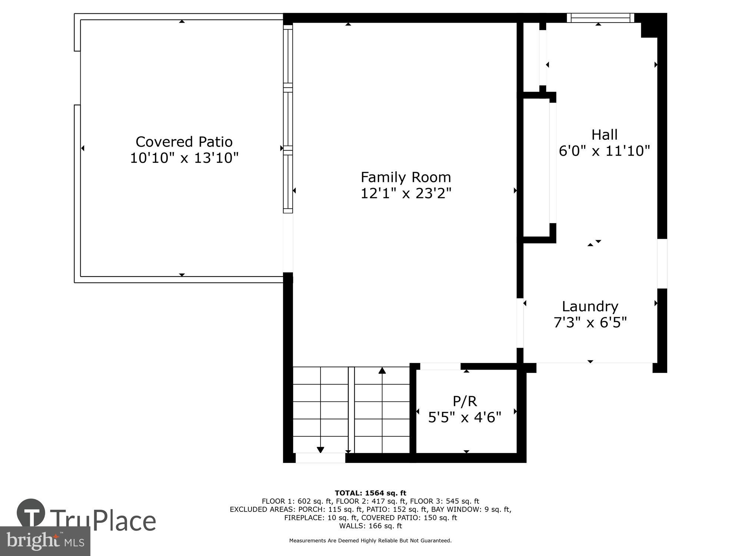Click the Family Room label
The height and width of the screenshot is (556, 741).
click(x=406, y=177)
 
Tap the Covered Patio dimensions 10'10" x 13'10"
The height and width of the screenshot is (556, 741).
click(x=184, y=158)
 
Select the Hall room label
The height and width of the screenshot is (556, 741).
click(x=604, y=135)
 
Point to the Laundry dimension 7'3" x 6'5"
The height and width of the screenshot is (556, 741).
click(x=590, y=322)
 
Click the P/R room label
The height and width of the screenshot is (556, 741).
click(x=465, y=401)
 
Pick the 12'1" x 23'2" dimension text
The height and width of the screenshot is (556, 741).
click(x=406, y=193)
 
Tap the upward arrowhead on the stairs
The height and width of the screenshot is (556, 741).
click(x=382, y=370)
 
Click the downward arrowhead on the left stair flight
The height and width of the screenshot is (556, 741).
click(x=320, y=450)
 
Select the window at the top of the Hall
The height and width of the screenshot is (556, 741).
click(x=600, y=18)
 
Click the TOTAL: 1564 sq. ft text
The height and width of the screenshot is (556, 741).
click(x=370, y=493)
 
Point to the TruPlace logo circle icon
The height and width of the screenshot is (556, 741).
click(x=31, y=513)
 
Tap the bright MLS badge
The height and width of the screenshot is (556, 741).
click(x=45, y=541)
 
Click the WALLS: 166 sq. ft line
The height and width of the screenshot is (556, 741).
click(x=370, y=526)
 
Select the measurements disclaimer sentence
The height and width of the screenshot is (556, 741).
click(x=370, y=541)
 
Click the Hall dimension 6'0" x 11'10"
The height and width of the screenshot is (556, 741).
click(x=604, y=151)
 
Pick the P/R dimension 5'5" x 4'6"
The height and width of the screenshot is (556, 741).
click(x=465, y=417)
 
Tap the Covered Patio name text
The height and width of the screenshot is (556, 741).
click(x=184, y=142)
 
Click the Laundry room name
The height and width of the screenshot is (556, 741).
click(x=590, y=306)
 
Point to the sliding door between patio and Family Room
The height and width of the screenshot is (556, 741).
click(x=288, y=119)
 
